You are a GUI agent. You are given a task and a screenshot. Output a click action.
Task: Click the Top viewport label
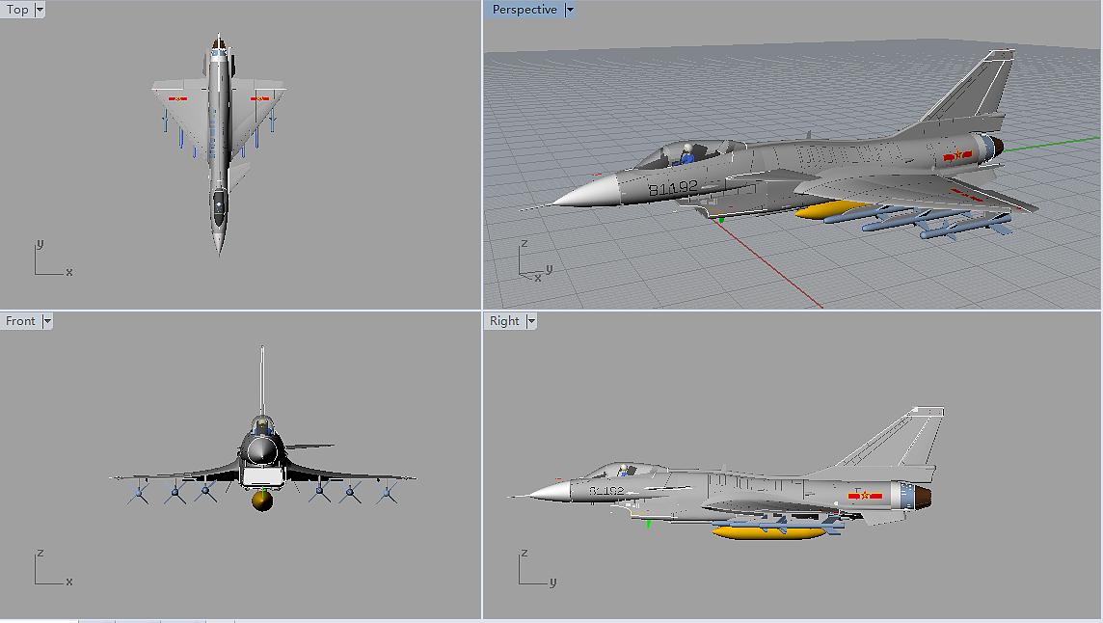[x=17, y=10]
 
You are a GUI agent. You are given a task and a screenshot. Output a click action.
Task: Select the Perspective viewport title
[x=525, y=10]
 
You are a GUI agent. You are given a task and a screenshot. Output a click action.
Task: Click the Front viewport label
[x=20, y=321]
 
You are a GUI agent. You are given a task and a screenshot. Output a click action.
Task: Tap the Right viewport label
[x=504, y=321]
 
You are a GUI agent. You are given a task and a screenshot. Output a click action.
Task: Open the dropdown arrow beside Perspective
[x=570, y=10]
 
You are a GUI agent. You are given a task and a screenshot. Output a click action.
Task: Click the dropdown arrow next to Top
[x=40, y=10]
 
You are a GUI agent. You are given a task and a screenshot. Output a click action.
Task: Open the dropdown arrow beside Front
[x=46, y=321]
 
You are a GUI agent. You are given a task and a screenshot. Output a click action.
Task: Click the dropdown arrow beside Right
[x=530, y=321]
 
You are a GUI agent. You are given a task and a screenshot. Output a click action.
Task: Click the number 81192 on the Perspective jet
[x=672, y=189]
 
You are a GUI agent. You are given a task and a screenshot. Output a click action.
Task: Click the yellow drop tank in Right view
[x=768, y=529]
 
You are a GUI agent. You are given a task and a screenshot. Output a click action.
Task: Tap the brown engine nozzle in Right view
[x=921, y=498]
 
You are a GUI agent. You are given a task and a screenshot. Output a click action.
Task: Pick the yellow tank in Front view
[x=262, y=501]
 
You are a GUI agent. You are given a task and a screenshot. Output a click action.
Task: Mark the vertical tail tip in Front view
[x=262, y=347]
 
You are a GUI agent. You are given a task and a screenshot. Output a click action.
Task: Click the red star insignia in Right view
[x=865, y=496]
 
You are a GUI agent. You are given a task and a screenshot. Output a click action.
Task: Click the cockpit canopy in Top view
[x=220, y=202]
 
